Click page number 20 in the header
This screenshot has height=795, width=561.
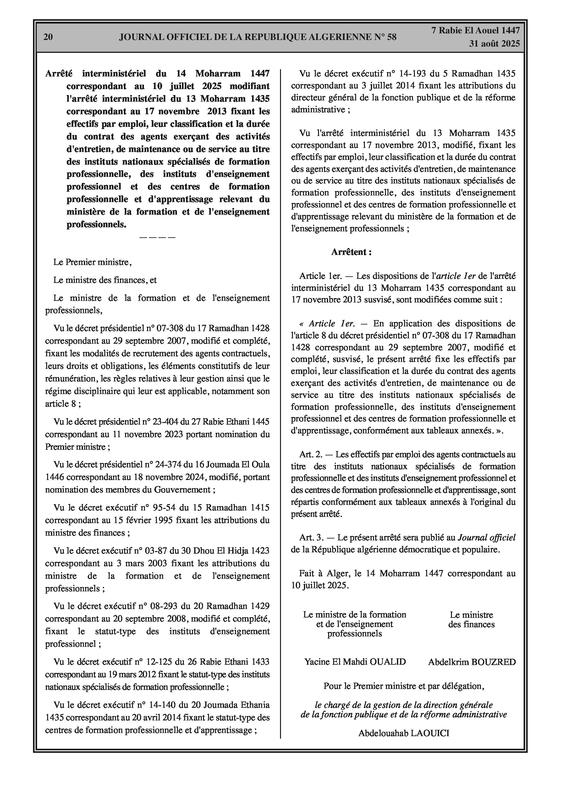48,37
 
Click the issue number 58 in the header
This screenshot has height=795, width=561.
391,37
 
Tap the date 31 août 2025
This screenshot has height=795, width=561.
494,44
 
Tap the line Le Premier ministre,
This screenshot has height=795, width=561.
92,262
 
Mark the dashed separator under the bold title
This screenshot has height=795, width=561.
157,238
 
